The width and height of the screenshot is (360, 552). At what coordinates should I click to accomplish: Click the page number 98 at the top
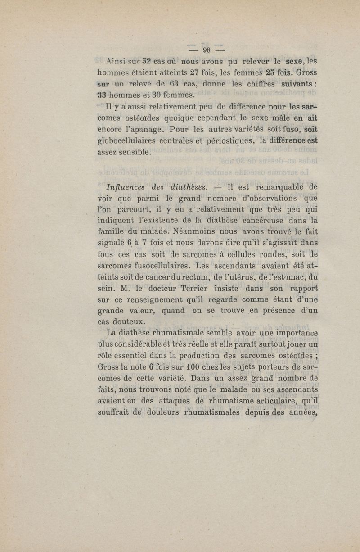(x=207, y=50)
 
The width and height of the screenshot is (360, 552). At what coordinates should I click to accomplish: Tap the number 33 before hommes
(x=104, y=94)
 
